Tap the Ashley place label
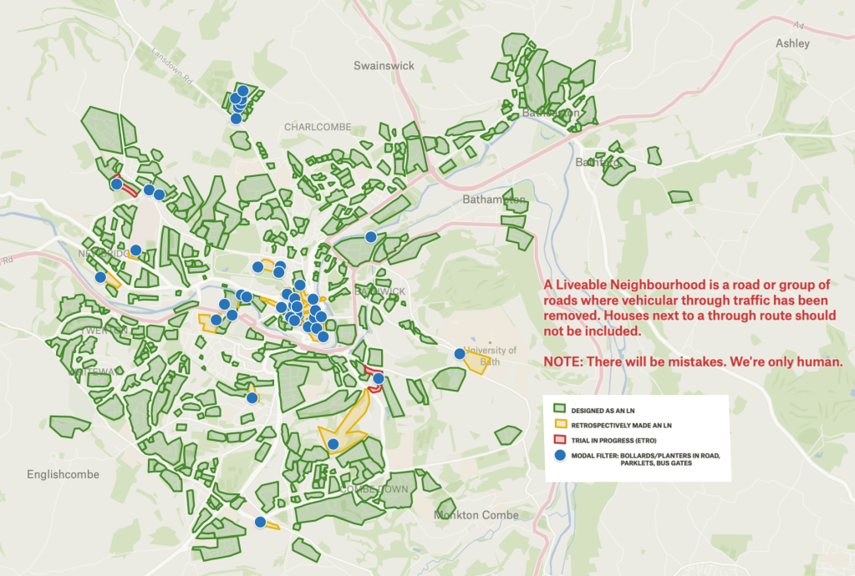[792, 43]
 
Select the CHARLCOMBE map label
[313, 128]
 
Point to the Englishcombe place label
[63, 474]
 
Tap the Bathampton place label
[494, 200]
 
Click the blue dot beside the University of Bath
[459, 354]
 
